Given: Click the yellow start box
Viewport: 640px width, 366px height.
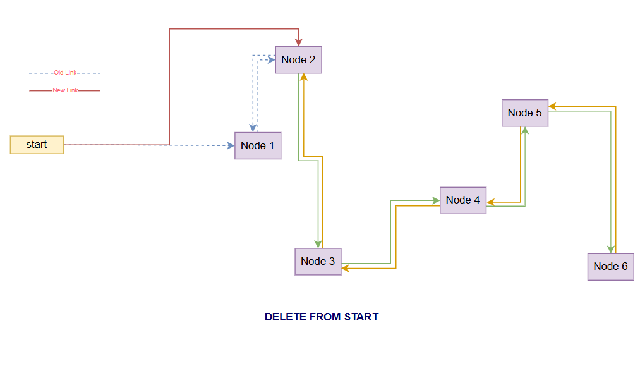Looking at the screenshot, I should (37, 145).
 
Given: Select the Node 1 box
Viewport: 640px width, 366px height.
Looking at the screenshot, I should (258, 145).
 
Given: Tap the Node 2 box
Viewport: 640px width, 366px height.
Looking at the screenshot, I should (298, 60).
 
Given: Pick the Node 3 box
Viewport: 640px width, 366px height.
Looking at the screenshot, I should (318, 261).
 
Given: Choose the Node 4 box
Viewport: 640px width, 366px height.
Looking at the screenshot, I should (463, 200).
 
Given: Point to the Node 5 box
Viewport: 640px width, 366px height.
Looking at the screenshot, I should (525, 113).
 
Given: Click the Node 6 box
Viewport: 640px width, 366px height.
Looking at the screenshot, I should (610, 266).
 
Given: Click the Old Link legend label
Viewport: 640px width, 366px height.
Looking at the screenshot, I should (65, 73).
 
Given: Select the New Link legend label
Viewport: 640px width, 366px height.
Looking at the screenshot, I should (65, 90).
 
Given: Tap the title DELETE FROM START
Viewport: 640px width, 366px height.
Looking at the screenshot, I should (322, 317).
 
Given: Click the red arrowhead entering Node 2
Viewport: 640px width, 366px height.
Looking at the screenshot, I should (299, 42).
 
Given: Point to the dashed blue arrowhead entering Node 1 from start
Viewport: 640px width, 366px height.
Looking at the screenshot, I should (231, 145).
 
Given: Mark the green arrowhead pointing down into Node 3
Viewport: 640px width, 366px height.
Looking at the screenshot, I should (318, 244).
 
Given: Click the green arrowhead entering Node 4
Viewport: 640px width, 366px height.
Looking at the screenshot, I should (436, 200).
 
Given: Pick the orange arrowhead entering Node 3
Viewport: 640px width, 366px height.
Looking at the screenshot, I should (346, 268).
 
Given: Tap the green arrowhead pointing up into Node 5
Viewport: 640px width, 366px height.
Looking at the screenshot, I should (524, 131).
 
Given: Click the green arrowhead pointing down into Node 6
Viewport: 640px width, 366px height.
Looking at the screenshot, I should (611, 249).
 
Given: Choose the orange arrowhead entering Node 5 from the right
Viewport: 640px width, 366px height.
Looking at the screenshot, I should (552, 106).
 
